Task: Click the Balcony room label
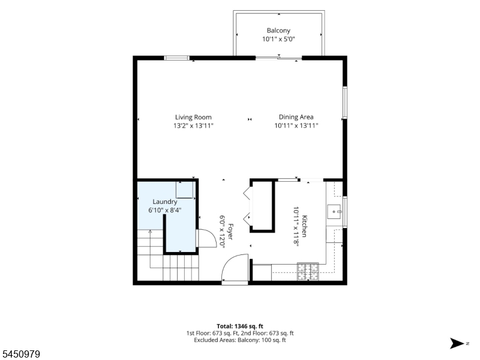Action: click(278, 31)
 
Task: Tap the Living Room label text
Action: click(193, 117)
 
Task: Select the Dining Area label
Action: click(296, 117)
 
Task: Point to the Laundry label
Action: click(164, 202)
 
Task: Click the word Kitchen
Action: click(304, 226)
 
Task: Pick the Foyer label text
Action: click(230, 232)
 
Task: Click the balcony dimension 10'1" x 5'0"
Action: click(278, 39)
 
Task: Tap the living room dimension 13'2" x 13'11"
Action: click(193, 125)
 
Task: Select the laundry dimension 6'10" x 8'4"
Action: click(164, 211)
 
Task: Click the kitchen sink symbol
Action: click(334, 212)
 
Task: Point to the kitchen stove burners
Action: click(308, 272)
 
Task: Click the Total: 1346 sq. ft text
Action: click(240, 326)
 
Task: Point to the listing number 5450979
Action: click(20, 354)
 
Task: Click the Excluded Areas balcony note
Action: click(240, 340)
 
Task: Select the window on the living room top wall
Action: click(176, 58)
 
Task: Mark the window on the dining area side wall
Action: click(345, 103)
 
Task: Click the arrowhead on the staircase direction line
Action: click(150, 232)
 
